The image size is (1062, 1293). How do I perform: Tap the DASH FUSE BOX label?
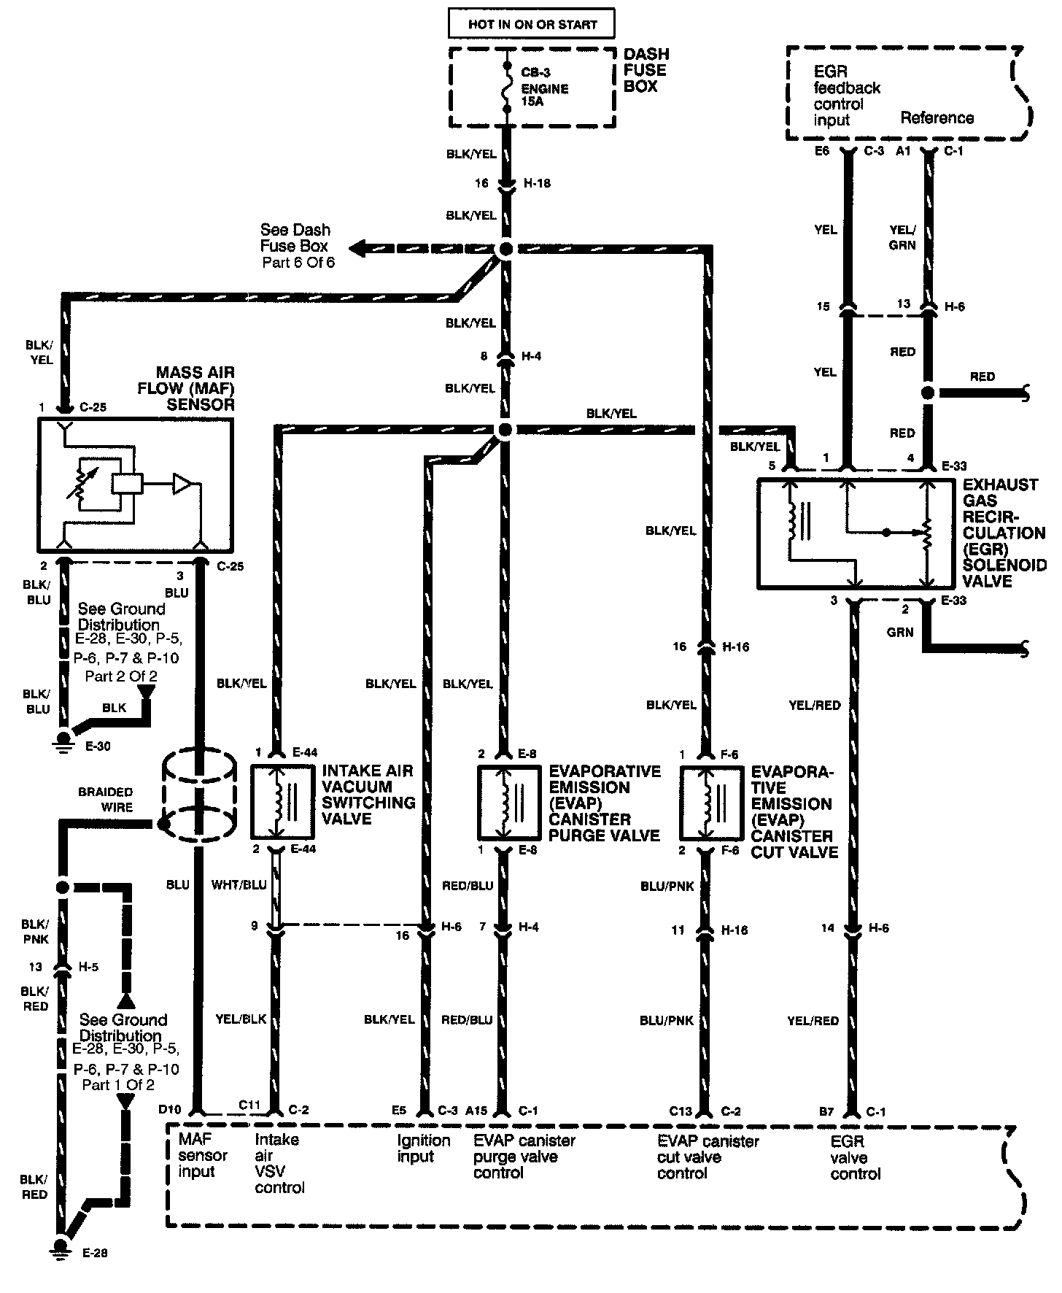point(646,70)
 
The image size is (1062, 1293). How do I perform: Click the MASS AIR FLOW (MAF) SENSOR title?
point(187,388)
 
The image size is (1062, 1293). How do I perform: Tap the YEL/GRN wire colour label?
point(902,237)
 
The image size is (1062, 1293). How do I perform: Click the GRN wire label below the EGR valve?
point(900,632)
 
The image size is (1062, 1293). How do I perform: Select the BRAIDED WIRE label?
point(106,799)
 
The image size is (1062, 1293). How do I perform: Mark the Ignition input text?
point(424,1148)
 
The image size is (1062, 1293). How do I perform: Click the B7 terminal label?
point(826,1111)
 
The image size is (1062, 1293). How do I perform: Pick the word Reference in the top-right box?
point(937,117)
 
